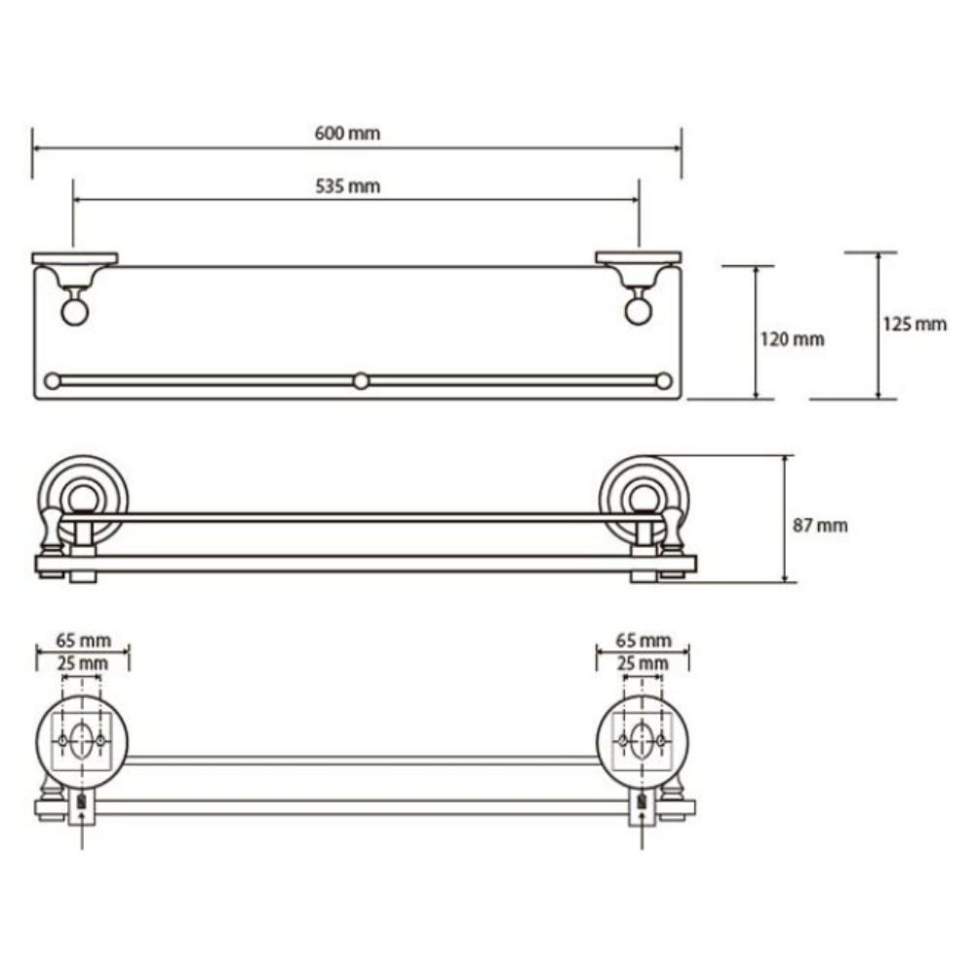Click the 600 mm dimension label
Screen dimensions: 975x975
tap(347, 133)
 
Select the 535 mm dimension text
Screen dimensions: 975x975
tap(347, 186)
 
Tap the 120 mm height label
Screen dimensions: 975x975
tap(792, 339)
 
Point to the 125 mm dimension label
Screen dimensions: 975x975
tap(915, 324)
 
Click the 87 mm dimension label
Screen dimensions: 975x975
tap(820, 526)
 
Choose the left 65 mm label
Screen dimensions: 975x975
tap(83, 641)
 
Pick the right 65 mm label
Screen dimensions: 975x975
tap(643, 641)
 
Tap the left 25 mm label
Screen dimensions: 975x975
tap(83, 663)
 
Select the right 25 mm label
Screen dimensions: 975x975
tap(643, 663)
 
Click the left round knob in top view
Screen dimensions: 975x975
tap(75, 312)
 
